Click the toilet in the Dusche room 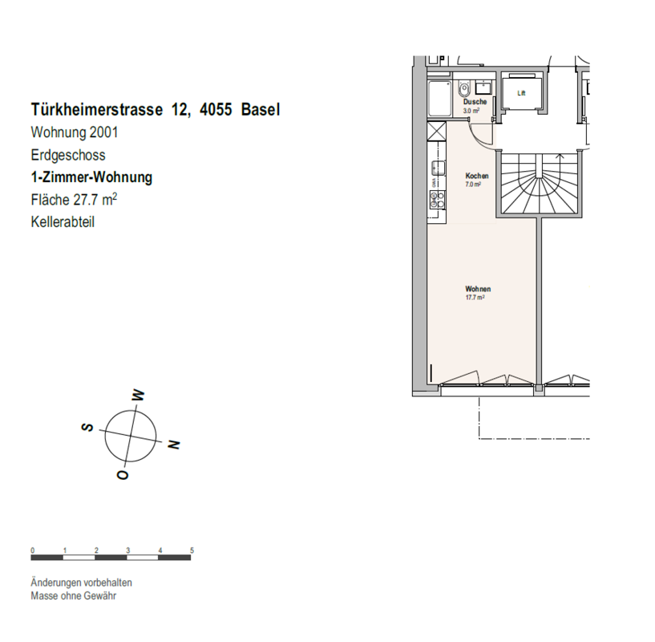(x=464, y=89)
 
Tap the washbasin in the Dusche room (x=483, y=87)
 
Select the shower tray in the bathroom (x=440, y=100)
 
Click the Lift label (x=521, y=93)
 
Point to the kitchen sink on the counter (x=439, y=169)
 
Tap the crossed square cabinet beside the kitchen (x=436, y=131)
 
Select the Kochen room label (x=477, y=176)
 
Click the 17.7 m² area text (x=475, y=298)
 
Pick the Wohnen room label (x=478, y=289)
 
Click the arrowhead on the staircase (x=560, y=156)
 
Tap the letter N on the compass (x=173, y=444)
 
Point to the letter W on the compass (x=138, y=396)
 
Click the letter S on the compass (x=87, y=427)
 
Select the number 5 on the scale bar (x=192, y=551)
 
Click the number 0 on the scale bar (x=33, y=551)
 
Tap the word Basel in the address (x=261, y=110)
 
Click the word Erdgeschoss (x=68, y=155)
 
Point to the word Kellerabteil (x=63, y=221)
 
